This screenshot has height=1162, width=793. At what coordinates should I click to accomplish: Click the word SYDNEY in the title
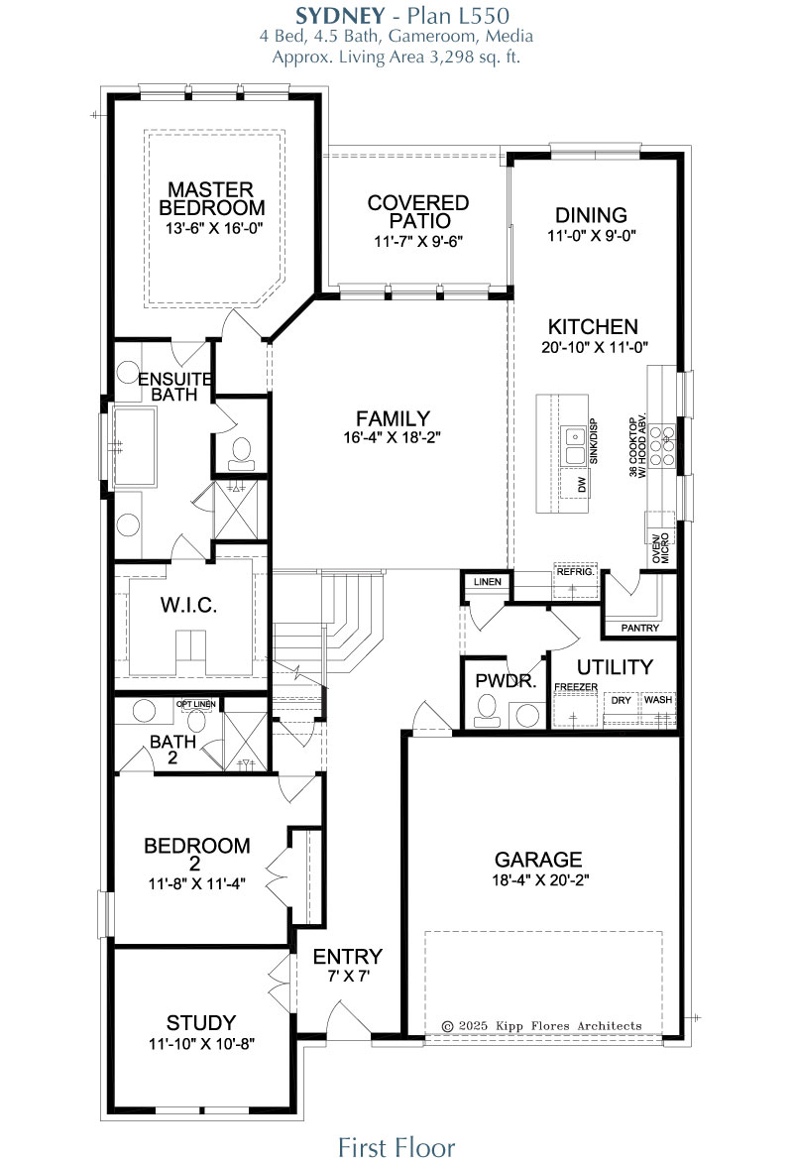(340, 16)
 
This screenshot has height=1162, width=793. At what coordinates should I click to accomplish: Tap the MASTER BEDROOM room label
(211, 198)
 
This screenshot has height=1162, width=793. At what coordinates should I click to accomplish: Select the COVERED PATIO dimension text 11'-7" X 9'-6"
(418, 241)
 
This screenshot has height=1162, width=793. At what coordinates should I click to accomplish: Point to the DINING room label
(592, 215)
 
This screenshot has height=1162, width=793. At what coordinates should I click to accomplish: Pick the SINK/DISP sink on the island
(574, 444)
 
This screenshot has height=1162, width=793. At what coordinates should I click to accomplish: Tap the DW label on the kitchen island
(582, 485)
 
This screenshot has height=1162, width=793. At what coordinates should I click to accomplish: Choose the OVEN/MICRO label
(660, 547)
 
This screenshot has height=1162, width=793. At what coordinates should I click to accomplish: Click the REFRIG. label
(575, 572)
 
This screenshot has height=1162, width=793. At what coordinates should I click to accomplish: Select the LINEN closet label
(487, 582)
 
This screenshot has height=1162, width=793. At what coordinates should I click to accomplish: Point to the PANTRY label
(639, 628)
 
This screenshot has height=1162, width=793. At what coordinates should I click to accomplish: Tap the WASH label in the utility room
(658, 700)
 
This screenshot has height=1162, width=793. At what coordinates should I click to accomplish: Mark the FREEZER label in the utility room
(576, 687)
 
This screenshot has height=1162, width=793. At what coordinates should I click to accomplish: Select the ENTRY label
(348, 956)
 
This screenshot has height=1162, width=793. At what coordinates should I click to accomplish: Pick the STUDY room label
(201, 1022)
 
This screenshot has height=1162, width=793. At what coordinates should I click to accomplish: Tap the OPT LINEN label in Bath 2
(195, 704)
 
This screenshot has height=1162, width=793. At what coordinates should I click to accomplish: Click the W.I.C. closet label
(189, 605)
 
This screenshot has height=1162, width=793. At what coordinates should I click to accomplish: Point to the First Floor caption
(396, 1146)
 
